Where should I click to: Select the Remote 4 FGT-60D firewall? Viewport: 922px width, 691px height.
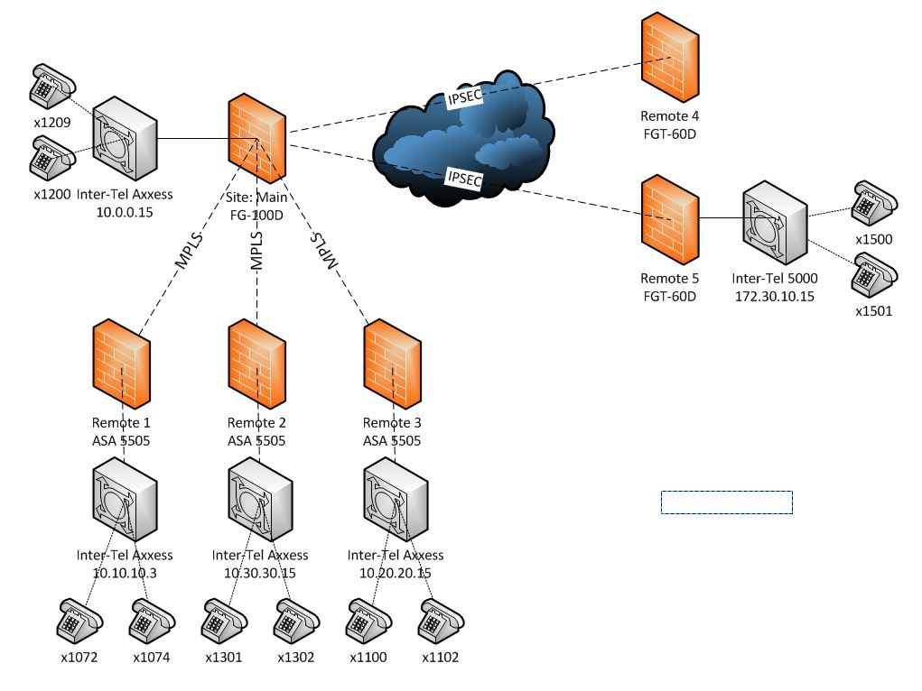coord(669,60)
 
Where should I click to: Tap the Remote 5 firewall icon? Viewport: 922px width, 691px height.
coord(669,221)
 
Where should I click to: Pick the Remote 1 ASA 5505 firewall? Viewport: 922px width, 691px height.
coord(121,365)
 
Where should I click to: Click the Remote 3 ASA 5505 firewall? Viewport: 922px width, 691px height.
coord(392,365)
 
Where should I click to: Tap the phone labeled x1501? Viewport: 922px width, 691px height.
coord(874,277)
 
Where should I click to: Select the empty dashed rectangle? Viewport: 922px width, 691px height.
coord(727,502)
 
